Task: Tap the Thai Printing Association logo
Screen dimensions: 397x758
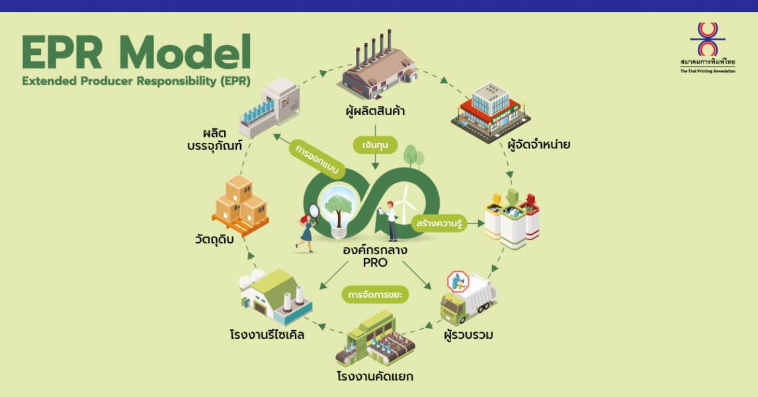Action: click(707, 40)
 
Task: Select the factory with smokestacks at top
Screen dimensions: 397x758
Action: click(378, 66)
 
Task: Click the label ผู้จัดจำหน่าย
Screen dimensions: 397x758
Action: click(538, 144)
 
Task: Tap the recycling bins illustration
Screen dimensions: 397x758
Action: click(511, 219)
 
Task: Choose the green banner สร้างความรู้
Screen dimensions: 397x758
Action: click(439, 224)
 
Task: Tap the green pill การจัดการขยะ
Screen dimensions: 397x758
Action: click(375, 294)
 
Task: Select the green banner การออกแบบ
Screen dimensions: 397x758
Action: click(314, 159)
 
